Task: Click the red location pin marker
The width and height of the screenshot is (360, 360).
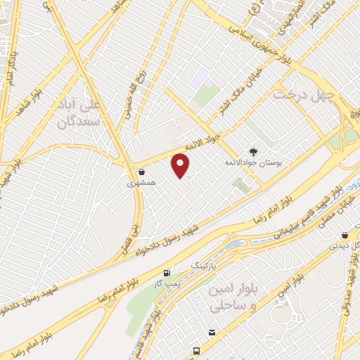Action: pyautogui.click(x=181, y=166)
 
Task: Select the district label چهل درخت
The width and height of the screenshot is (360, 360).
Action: pyautogui.click(x=306, y=94)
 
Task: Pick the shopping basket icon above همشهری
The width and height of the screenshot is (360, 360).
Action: pyautogui.click(x=141, y=172)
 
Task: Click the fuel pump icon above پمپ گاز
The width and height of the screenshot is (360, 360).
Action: pyautogui.click(x=167, y=273)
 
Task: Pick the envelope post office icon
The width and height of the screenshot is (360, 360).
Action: pyautogui.click(x=211, y=333)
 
